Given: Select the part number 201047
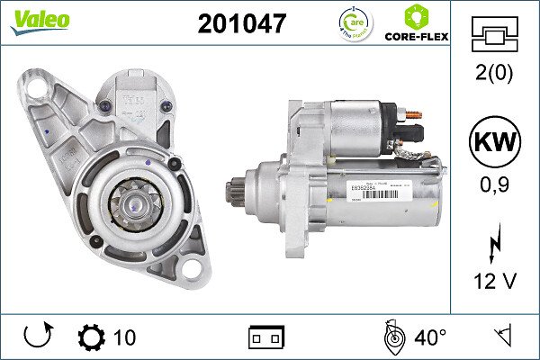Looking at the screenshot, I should coord(241,24).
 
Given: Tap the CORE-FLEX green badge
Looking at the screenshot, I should coord(417,24).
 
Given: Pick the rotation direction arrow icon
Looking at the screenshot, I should coord(36,338).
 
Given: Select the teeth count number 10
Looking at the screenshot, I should coord(125,338).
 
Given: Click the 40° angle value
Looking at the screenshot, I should coord(429,338).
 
